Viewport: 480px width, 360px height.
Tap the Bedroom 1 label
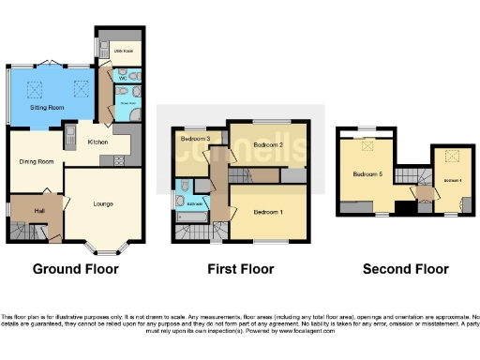(x=268, y=213)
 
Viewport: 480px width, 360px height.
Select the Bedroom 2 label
(x=268, y=145)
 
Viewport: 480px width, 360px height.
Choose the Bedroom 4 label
(x=452, y=179)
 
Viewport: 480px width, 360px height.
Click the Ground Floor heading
(x=76, y=269)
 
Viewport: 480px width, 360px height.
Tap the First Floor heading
(x=241, y=269)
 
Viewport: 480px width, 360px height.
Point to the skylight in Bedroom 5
(x=367, y=143)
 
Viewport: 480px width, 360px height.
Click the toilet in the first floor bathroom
(x=184, y=185)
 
